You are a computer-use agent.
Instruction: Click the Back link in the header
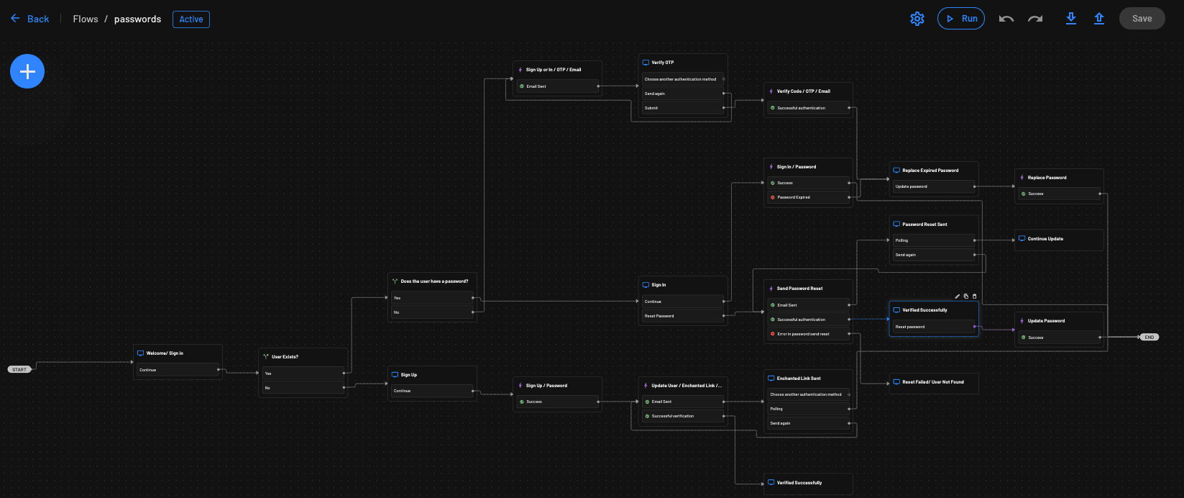30,19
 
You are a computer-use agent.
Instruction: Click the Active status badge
191,19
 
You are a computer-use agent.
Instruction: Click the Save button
1142,19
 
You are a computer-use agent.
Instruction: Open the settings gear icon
917,19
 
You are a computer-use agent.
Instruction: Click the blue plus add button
27,71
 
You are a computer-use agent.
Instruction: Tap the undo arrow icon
1006,19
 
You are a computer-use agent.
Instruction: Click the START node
19,369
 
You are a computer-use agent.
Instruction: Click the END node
1149,337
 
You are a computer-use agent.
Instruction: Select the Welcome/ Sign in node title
165,353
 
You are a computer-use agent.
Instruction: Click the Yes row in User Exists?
302,373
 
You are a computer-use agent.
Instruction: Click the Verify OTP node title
662,63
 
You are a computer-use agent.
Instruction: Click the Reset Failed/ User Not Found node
932,382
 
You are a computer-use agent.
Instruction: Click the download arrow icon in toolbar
1070,19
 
